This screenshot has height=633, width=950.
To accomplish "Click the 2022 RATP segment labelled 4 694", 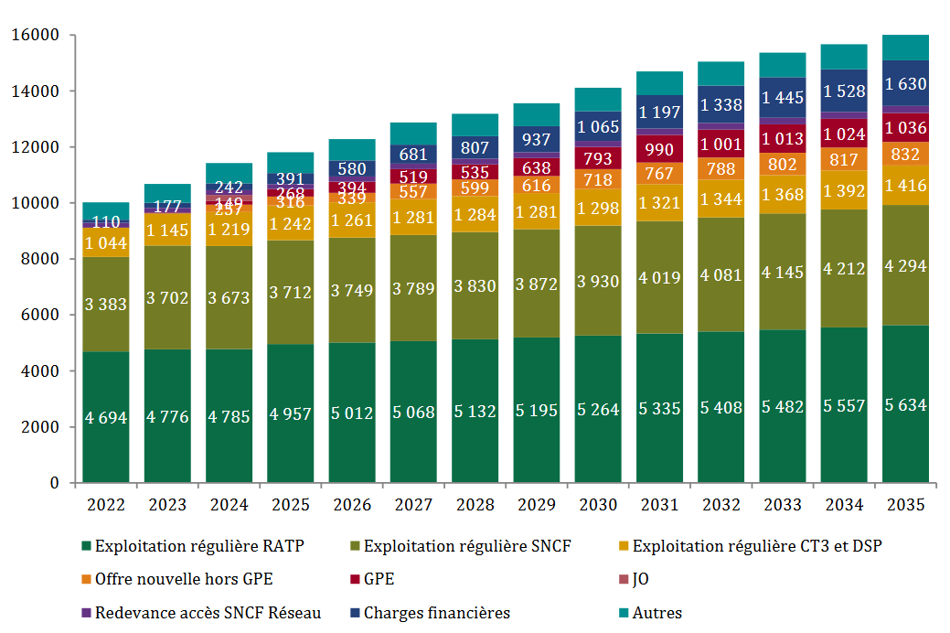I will pos(105,416).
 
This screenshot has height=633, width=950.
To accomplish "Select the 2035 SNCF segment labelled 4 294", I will pos(904,265).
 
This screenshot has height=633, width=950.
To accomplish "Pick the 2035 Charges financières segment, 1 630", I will pos(904,83).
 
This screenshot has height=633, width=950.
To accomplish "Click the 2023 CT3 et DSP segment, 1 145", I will pos(166,229).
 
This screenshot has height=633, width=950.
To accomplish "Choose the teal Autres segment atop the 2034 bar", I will pos(843,57).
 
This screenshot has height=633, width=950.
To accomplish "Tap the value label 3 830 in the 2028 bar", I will pos(474,285).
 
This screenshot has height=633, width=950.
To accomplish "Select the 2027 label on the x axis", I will pos(412,505).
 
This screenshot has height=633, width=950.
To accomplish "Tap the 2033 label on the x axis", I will pos(782,505).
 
